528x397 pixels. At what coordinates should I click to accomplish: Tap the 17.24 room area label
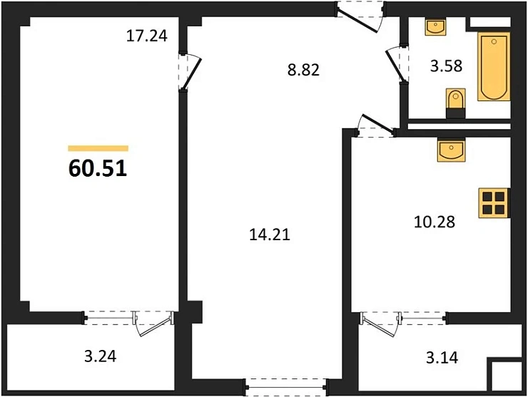(146, 36)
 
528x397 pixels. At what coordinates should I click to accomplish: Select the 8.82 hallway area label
(300, 70)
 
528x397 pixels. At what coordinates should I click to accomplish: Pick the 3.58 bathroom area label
(447, 66)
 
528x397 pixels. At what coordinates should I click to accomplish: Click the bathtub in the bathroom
(494, 66)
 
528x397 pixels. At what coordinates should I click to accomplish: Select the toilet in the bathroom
(454, 104)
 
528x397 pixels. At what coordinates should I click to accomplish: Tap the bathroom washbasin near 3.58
(435, 29)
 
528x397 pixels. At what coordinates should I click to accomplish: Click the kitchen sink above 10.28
(451, 150)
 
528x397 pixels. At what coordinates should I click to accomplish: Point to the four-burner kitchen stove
(493, 202)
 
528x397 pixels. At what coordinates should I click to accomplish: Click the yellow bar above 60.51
(98, 148)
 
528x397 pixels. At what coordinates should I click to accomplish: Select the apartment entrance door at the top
(359, 16)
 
